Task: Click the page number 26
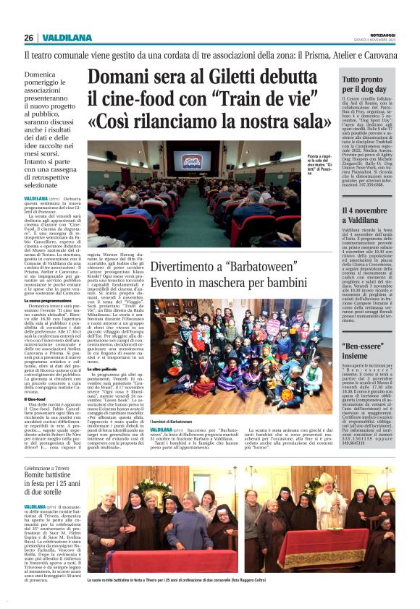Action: tap(28, 38)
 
